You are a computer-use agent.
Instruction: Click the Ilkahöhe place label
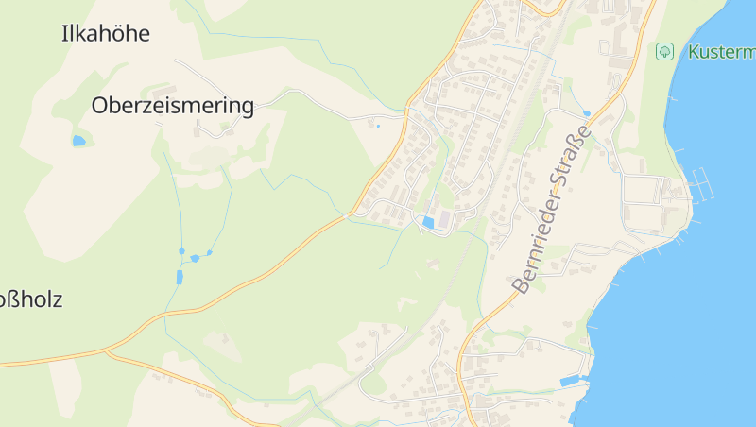[105, 34]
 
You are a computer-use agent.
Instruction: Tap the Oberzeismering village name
[173, 106]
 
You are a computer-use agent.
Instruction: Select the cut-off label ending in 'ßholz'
[30, 300]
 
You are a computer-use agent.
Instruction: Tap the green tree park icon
[664, 51]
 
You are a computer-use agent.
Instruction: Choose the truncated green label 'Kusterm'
[721, 51]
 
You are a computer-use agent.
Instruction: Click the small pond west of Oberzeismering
[78, 141]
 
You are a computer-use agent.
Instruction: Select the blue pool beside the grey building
[428, 222]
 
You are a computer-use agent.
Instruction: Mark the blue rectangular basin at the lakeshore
[570, 381]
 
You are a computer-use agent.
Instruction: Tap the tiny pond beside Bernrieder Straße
[586, 113]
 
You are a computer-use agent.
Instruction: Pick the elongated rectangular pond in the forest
[179, 277]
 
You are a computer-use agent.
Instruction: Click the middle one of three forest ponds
[195, 257]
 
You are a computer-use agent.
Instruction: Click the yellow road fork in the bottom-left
[109, 352]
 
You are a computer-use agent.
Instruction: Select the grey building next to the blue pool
[444, 218]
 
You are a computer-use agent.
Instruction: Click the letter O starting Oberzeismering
[98, 106]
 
